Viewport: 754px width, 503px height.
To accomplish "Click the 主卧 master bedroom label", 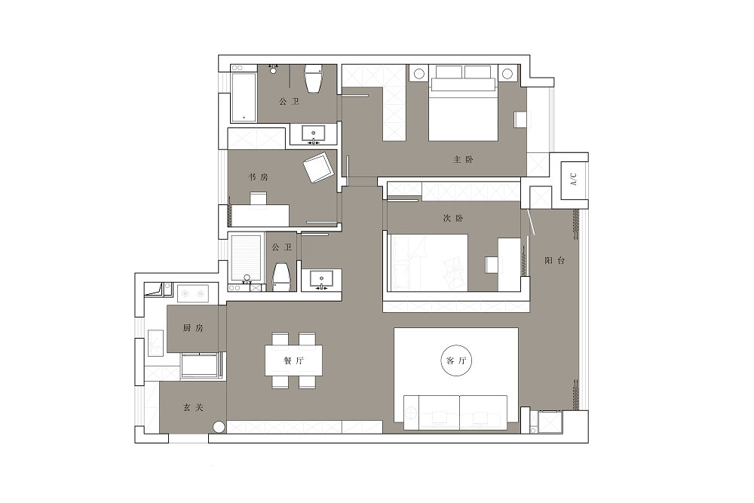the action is [463, 159].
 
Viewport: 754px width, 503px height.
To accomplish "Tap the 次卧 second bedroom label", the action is [453, 219].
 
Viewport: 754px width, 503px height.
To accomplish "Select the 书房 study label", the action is [258, 177].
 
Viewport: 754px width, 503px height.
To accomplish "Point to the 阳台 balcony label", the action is [554, 261].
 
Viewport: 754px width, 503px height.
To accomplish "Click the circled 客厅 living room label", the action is [456, 360].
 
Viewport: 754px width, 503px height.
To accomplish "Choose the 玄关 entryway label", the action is [193, 407].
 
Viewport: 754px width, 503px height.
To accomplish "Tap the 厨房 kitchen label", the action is [193, 328].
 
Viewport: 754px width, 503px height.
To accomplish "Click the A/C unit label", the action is [574, 179].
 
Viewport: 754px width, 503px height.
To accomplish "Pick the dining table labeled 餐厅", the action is [294, 360].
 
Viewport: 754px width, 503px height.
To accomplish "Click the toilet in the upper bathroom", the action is [314, 78].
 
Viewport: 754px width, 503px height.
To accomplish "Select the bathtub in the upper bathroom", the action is [244, 97].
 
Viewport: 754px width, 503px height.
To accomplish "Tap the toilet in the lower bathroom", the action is [282, 277].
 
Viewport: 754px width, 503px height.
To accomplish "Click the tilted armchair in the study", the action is [318, 167].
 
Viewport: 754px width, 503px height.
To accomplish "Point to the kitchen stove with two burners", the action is [193, 293].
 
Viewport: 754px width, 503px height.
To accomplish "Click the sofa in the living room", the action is [455, 412].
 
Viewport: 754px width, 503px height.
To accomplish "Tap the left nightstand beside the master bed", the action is [418, 74].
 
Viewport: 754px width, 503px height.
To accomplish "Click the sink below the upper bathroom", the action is [314, 134].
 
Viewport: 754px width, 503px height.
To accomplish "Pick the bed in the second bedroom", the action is [429, 262].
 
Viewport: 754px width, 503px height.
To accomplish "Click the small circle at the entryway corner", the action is [219, 427].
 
